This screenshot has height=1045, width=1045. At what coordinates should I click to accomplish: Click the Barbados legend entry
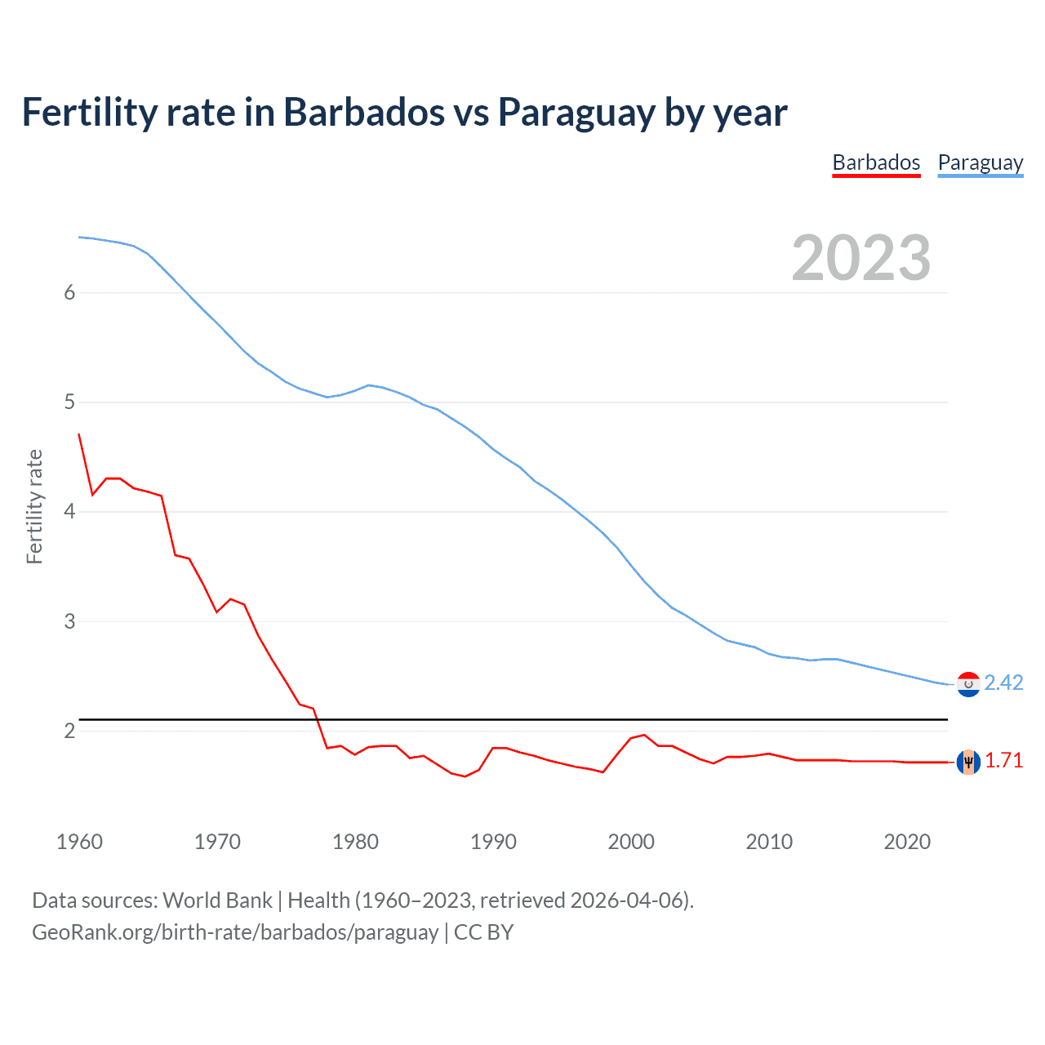(x=876, y=162)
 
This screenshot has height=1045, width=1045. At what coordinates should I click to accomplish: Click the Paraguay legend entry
(x=980, y=162)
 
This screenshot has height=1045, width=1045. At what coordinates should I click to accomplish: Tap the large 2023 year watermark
(x=860, y=258)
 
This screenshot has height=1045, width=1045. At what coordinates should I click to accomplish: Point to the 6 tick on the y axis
(x=69, y=293)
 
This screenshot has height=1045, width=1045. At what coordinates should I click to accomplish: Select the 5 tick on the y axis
(x=69, y=402)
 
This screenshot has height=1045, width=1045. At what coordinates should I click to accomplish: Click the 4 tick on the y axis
(x=69, y=512)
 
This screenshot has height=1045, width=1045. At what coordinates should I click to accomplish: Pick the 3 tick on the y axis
(x=69, y=621)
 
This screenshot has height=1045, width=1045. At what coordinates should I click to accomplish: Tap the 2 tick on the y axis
(x=69, y=731)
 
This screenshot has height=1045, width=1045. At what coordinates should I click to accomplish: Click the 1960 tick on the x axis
(x=79, y=842)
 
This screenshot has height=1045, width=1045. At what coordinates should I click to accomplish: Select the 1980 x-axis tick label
(x=355, y=842)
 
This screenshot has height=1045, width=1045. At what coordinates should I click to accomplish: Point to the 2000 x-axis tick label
(x=631, y=842)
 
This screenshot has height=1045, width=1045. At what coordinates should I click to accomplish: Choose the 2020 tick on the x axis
(x=907, y=842)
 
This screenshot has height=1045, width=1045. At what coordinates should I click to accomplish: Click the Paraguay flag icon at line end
(x=968, y=684)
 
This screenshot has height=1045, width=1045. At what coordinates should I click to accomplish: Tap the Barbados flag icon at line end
(x=968, y=761)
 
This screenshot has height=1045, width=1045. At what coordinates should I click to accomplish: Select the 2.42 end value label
(x=1003, y=683)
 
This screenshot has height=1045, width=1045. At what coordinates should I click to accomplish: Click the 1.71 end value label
(x=1003, y=760)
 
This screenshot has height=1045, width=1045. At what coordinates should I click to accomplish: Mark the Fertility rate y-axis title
(x=34, y=506)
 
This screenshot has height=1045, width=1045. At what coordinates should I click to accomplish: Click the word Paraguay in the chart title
(x=576, y=113)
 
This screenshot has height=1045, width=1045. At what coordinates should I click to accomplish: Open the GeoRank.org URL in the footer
(x=235, y=932)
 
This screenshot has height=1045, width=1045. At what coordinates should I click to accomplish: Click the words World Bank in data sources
(x=217, y=900)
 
